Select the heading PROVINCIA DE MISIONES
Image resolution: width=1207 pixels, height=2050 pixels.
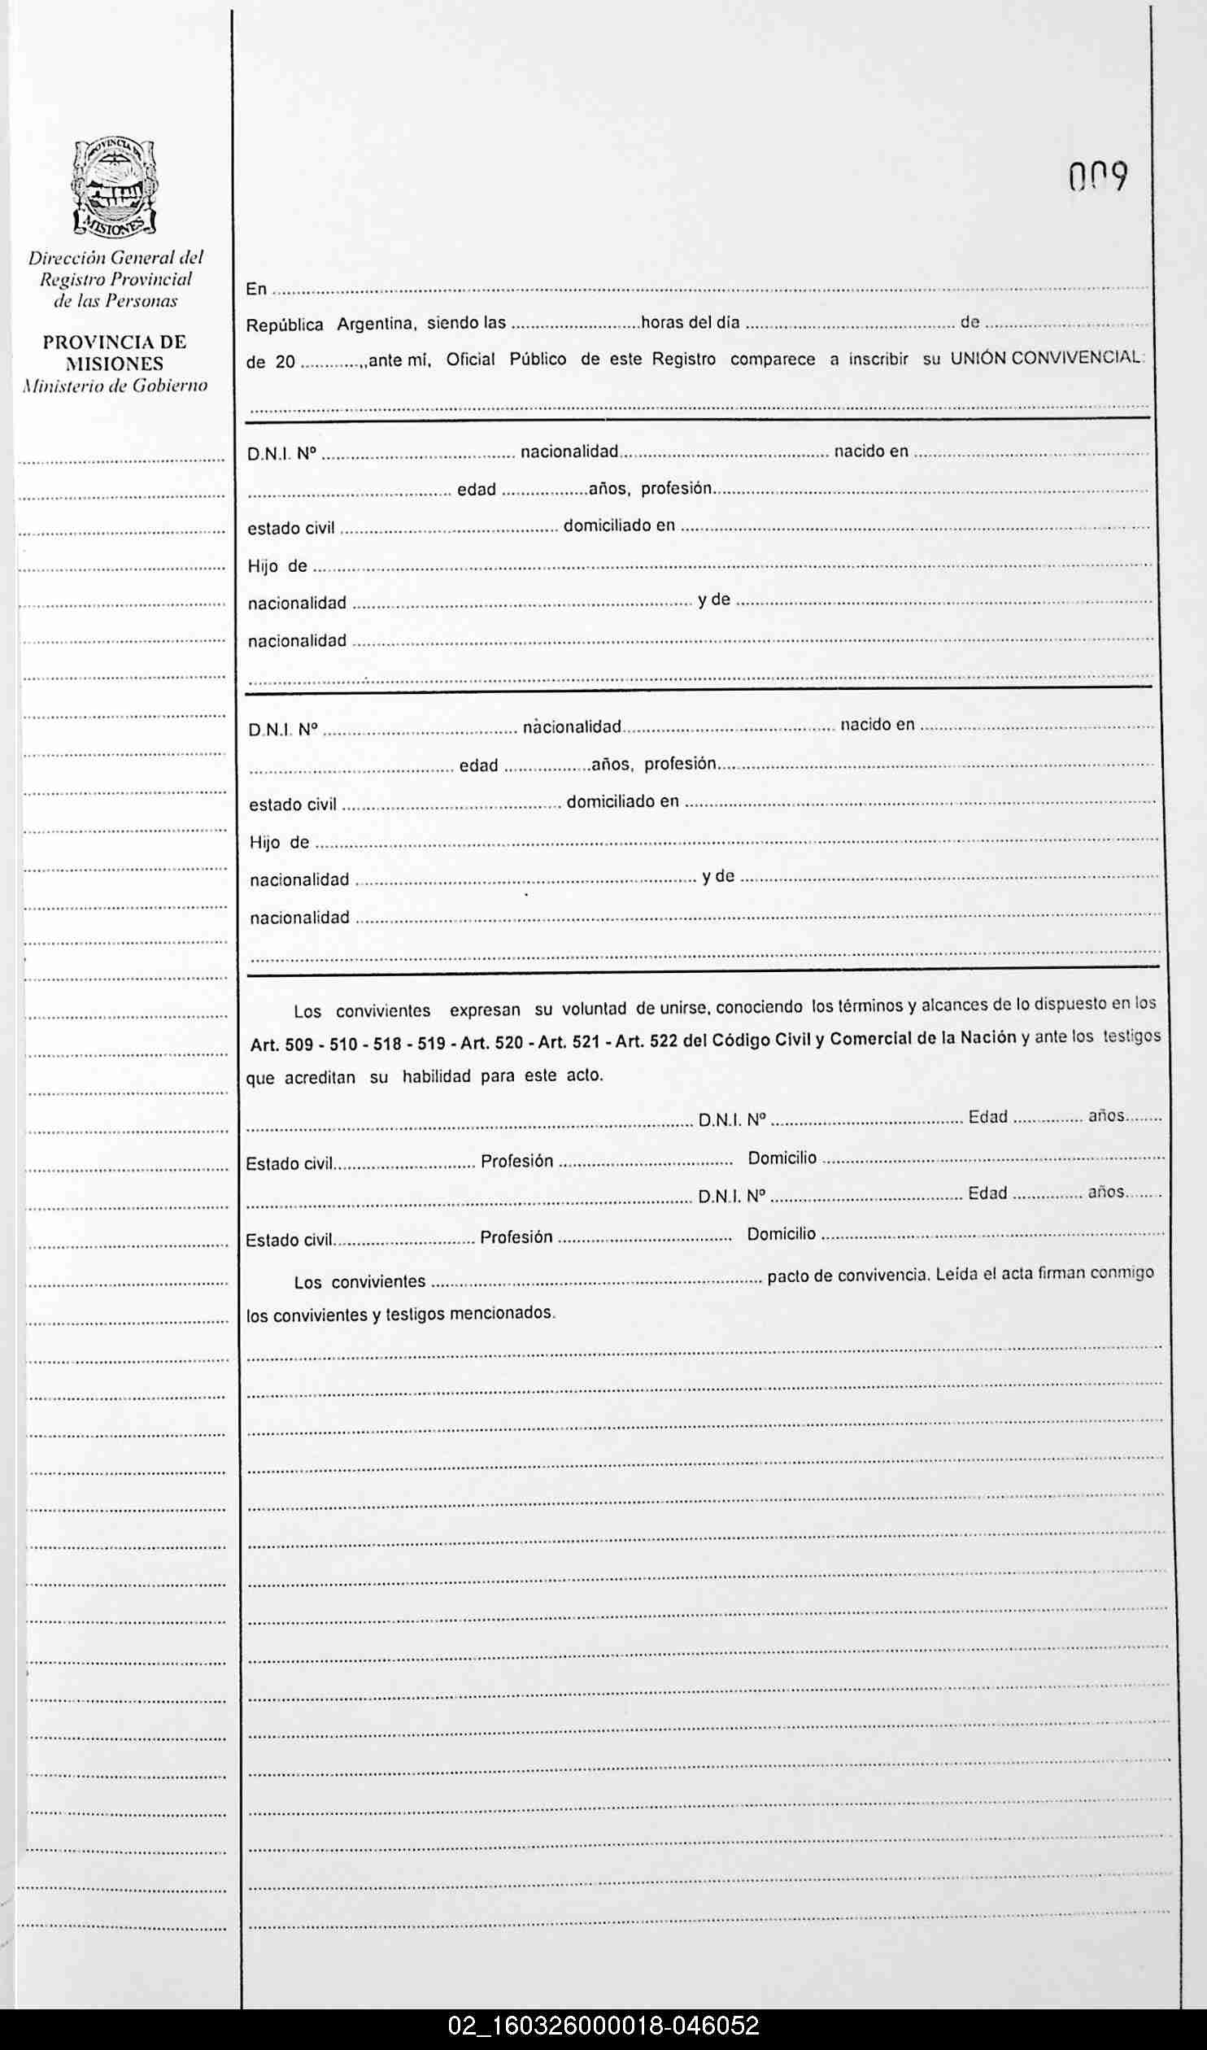[x=115, y=353]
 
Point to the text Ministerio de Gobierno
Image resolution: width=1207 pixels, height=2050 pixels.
[x=115, y=386]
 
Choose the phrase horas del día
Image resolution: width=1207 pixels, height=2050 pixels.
[x=690, y=323]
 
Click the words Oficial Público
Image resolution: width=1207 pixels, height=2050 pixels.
[x=506, y=360]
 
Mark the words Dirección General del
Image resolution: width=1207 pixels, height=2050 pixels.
[x=115, y=258]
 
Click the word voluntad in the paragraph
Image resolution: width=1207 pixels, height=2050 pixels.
[x=594, y=1010]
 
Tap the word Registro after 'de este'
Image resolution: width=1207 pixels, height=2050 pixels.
[x=684, y=360]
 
